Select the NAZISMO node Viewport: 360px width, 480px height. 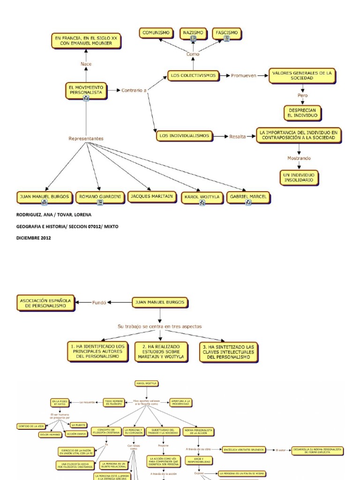pyautogui.click(x=193, y=33)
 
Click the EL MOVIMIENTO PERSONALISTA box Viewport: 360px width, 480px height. pyautogui.click(x=86, y=90)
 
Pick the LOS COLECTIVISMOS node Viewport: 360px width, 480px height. pyautogui.click(x=193, y=75)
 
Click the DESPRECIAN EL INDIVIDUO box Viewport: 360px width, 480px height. pyautogui.click(x=302, y=112)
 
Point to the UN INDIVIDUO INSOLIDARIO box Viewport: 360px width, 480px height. pyautogui.click(x=299, y=177)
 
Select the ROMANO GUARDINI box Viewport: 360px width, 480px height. pyautogui.click(x=100, y=197)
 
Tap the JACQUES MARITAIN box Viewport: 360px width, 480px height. pyautogui.click(x=152, y=196)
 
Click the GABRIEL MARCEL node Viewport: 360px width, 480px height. pyautogui.click(x=248, y=197)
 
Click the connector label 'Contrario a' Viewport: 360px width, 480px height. pyautogui.click(x=134, y=90)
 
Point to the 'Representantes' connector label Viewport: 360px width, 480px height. pyautogui.click(x=86, y=138)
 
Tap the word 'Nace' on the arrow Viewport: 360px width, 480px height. pyautogui.click(x=86, y=64)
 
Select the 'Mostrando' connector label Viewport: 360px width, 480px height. pyautogui.click(x=299, y=158)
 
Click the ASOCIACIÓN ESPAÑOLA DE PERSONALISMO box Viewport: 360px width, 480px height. pyautogui.click(x=45, y=303)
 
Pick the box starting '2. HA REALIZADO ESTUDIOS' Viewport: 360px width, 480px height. pyautogui.click(x=161, y=351)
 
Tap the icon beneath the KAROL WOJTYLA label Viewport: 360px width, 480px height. pyautogui.click(x=202, y=203)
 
